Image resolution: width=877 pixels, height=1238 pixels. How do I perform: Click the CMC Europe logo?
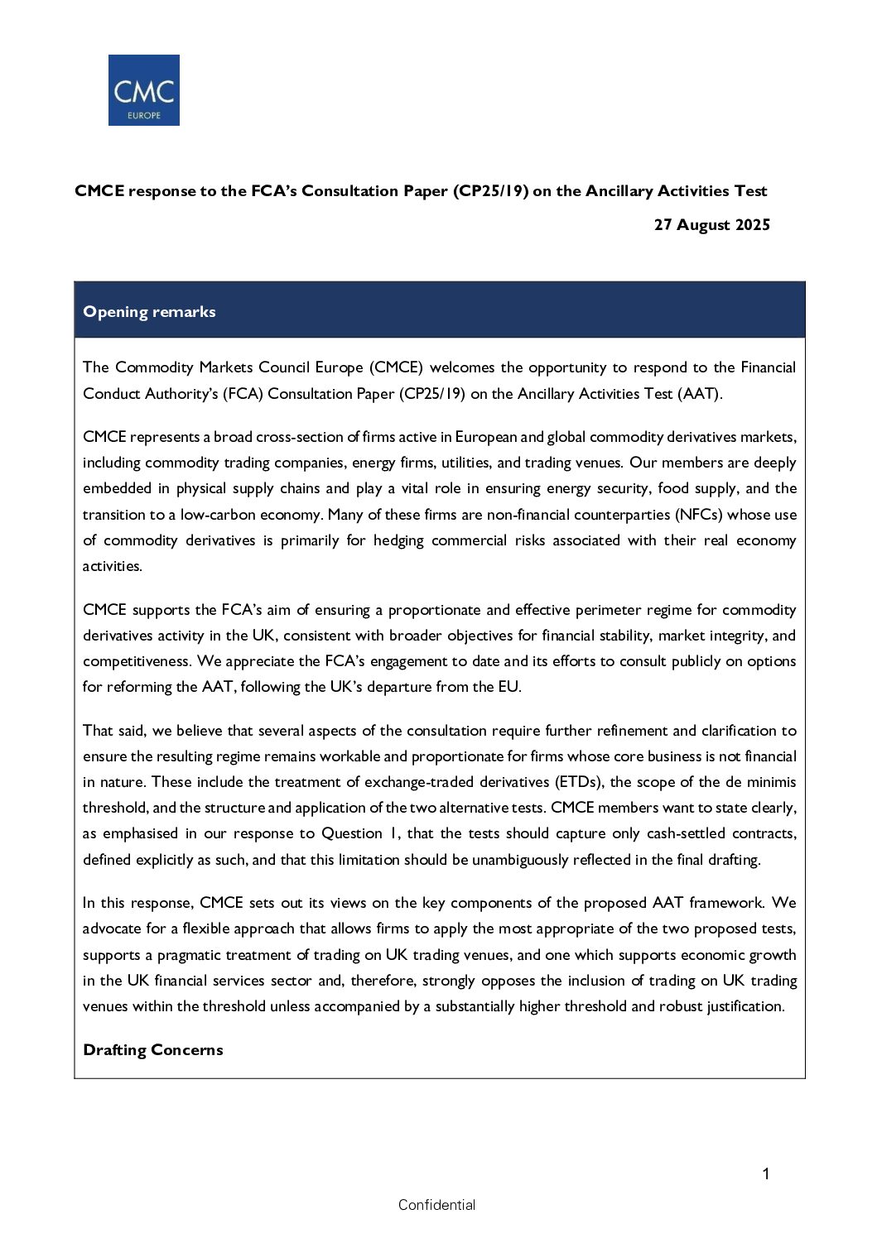[143, 90]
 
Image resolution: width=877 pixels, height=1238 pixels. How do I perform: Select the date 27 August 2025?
[711, 225]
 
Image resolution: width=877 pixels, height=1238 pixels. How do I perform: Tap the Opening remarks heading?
[149, 312]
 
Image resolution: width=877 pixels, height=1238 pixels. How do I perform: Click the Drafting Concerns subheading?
[153, 1050]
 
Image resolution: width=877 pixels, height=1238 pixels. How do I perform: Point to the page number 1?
[765, 1173]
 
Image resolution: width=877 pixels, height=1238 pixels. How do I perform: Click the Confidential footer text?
[436, 1205]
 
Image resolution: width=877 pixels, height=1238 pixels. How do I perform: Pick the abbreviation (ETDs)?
[577, 782]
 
